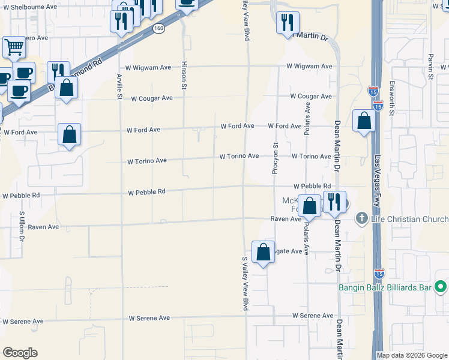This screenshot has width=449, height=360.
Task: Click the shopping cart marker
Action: (13, 47)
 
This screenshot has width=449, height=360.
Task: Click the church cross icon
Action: (361, 218)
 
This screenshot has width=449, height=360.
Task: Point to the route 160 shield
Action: (158, 29)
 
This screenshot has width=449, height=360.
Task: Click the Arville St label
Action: (120, 87)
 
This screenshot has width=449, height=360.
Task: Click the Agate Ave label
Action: (288, 251)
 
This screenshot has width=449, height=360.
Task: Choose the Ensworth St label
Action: (392, 95)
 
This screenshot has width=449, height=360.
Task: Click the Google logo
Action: (20, 353)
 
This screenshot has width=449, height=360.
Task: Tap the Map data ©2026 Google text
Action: (412, 355)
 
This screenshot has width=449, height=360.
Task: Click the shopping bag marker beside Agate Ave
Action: (264, 252)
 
